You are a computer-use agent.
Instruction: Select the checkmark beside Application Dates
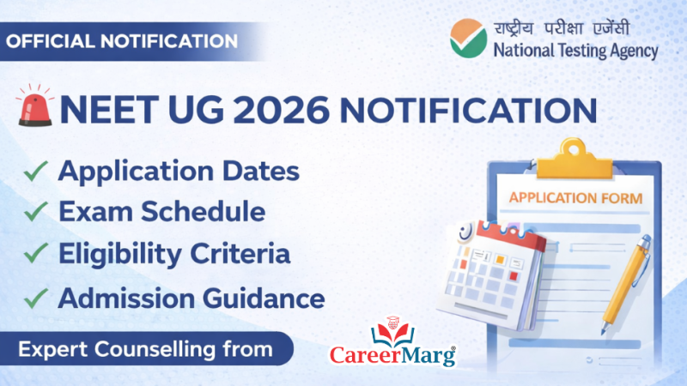(35, 172)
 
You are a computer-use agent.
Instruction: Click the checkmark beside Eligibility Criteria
(35, 255)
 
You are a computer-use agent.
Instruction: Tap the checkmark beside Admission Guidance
(35, 298)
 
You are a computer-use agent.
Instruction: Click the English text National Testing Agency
(575, 51)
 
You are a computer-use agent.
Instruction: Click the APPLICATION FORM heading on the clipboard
(575, 198)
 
